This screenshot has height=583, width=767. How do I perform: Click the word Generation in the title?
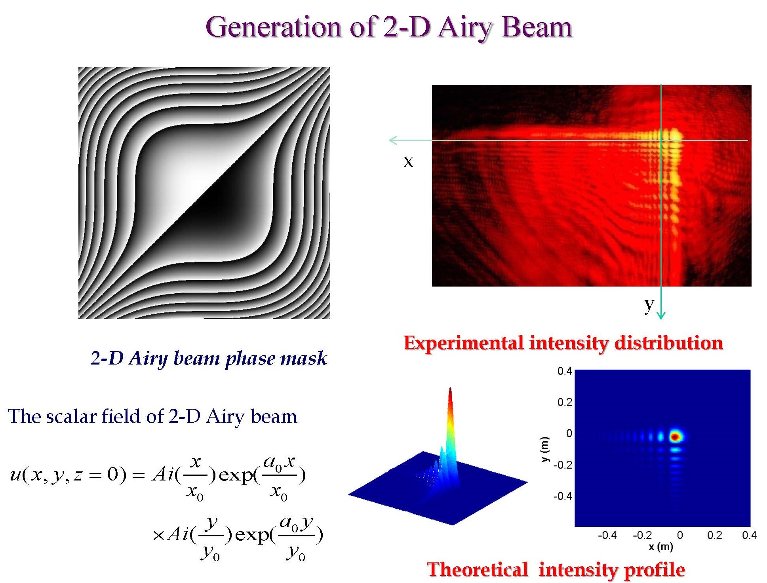273,28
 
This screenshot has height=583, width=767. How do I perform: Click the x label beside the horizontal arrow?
408,161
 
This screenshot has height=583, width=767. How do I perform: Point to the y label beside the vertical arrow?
649,305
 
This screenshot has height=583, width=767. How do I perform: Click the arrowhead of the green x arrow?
393,140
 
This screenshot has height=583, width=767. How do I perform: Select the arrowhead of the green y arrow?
661,315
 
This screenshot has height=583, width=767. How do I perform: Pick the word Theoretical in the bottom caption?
478,570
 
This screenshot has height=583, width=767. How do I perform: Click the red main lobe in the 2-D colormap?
676,437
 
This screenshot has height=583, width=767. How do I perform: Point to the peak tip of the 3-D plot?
450,389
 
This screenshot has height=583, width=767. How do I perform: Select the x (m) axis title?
661,547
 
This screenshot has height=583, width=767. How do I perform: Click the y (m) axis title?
545,449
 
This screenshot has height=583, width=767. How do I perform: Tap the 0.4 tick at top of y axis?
565,371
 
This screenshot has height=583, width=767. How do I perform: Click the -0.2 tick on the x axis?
642,536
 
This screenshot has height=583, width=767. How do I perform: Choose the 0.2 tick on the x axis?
714,536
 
